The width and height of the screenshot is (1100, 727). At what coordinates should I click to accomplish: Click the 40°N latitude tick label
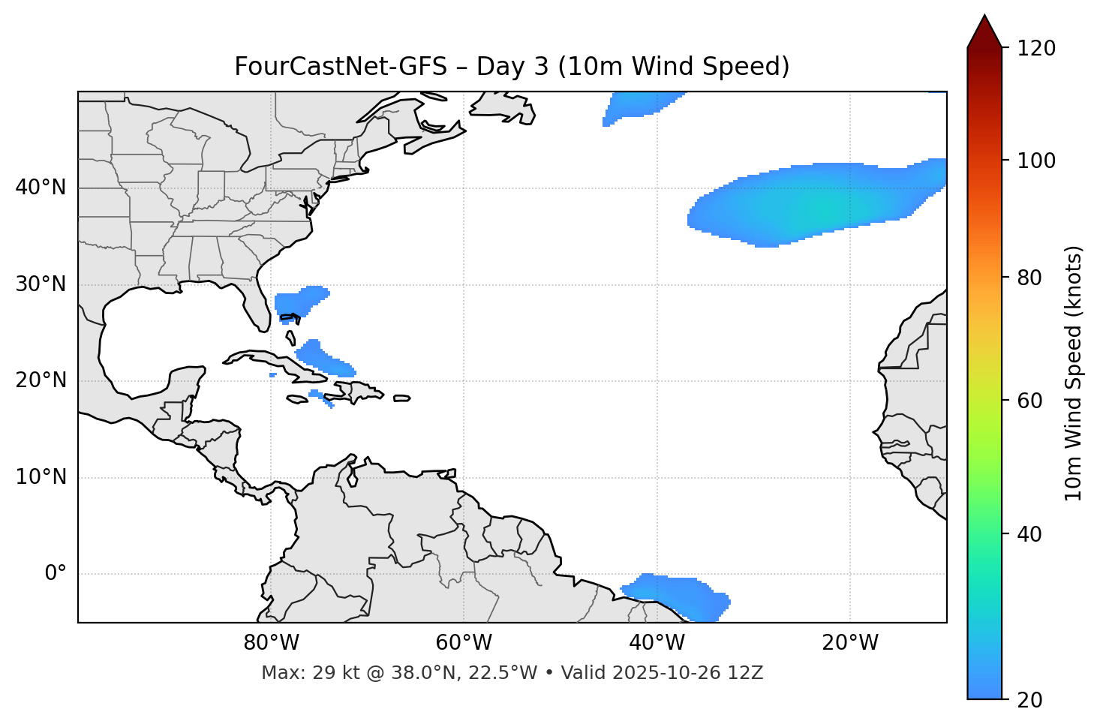tap(41, 188)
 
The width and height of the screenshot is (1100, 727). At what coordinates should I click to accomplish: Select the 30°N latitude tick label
tap(41, 284)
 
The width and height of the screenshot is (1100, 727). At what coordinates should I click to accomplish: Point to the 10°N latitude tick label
tap(41, 477)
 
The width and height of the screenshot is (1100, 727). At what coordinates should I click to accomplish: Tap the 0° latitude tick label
tap(55, 574)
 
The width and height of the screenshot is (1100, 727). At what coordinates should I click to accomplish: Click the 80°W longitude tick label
tap(271, 643)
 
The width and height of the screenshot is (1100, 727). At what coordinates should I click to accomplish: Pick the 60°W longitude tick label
tap(464, 643)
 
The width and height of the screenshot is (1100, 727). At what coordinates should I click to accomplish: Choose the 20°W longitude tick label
tap(850, 643)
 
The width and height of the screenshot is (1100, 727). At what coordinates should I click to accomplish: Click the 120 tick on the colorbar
tap(1035, 49)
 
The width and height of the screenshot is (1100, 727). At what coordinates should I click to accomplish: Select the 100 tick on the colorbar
tap(1035, 161)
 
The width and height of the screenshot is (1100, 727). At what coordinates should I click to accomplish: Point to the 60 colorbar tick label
tap(1029, 401)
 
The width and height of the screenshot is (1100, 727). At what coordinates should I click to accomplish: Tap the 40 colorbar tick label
tap(1029, 534)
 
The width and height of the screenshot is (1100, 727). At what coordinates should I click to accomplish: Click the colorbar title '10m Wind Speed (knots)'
tap(1074, 373)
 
